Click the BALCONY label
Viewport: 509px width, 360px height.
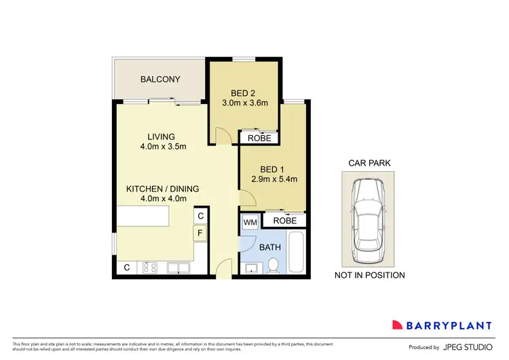pos(160,79)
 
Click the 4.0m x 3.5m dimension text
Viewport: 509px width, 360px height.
pos(163,147)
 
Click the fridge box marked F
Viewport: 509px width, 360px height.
pos(200,234)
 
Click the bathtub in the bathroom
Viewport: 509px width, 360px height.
pos(297,252)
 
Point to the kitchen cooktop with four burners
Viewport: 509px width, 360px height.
pos(149,268)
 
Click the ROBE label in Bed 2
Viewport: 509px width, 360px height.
pos(259,138)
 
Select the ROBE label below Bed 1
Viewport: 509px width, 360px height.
pos(284,221)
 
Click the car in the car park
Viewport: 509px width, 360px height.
pos(369,219)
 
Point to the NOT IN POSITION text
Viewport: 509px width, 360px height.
pos(369,275)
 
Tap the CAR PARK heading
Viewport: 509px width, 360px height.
pos(369,163)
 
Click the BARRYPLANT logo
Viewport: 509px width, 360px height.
pos(445,324)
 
